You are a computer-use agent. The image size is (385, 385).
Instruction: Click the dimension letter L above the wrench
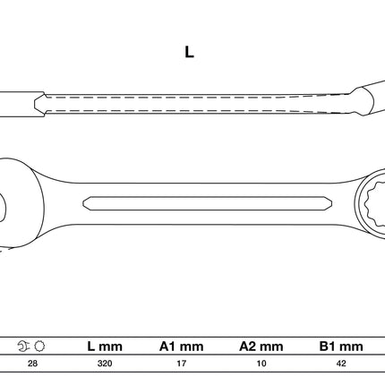click(189, 52)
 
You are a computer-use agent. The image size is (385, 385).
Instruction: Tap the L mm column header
click(105, 346)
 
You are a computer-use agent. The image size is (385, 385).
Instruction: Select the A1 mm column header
click(181, 346)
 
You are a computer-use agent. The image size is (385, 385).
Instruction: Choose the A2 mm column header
click(261, 346)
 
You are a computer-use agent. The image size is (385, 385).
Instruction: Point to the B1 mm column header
click(341, 346)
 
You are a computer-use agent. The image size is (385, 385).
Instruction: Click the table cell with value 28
click(32, 364)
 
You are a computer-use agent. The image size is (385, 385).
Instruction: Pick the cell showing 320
click(105, 364)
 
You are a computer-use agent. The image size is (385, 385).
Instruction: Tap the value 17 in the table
click(182, 364)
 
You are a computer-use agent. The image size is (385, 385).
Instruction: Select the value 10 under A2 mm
click(261, 364)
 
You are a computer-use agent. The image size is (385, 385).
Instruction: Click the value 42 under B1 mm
click(341, 364)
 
